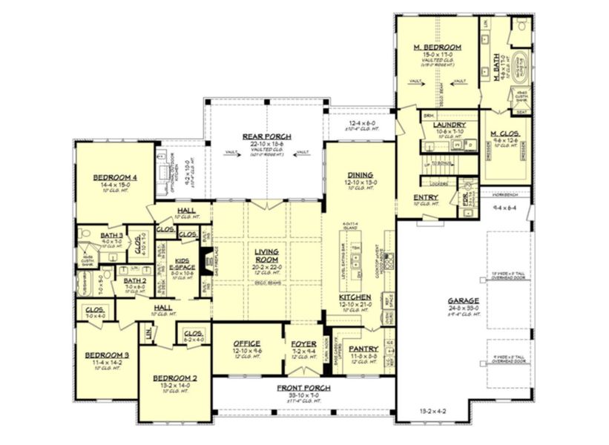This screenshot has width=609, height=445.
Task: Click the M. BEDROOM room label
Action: point(437,47)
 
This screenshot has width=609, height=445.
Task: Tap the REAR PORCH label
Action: point(266,136)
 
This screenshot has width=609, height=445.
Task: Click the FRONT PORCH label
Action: point(304,388)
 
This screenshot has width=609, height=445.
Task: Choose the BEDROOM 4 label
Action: point(113,177)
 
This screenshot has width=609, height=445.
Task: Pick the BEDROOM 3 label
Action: point(107,355)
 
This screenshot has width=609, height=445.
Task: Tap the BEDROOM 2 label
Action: point(170,378)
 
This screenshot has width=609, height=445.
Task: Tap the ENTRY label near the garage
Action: point(426,197)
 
